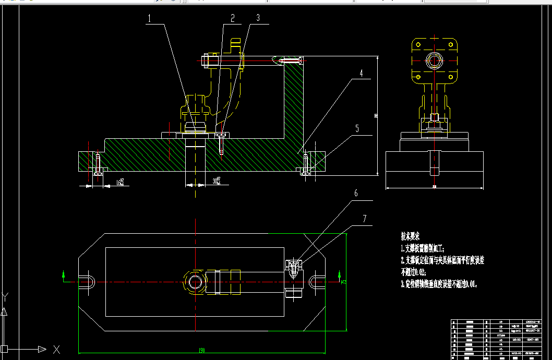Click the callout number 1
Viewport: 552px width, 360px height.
pyautogui.click(x=149, y=18)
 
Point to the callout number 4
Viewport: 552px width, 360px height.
pyautogui.click(x=361, y=74)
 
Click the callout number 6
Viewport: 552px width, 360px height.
pyautogui.click(x=356, y=193)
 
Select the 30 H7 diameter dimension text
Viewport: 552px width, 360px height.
pyautogui.click(x=215, y=182)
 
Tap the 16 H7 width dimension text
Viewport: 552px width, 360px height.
pyautogui.click(x=121, y=183)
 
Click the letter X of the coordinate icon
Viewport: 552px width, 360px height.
pyautogui.click(x=56, y=349)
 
